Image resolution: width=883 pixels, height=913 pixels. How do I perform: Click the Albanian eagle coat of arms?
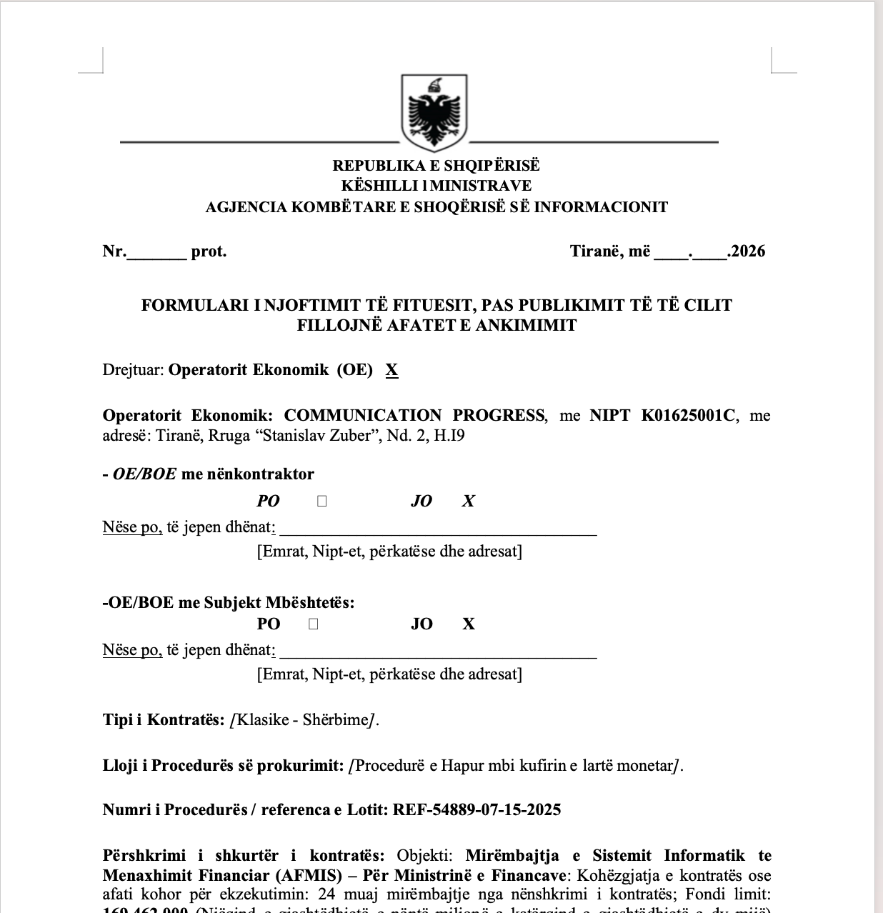click(434, 112)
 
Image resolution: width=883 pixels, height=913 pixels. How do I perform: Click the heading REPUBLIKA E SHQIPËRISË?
click(436, 166)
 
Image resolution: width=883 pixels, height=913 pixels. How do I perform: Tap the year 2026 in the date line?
click(748, 251)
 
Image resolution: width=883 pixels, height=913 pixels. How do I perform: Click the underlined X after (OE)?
click(391, 370)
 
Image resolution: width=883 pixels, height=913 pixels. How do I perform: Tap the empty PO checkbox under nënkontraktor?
click(321, 502)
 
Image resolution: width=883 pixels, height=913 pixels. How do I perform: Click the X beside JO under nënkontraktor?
click(468, 502)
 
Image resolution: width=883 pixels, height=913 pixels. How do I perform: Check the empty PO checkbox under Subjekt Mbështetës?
click(314, 624)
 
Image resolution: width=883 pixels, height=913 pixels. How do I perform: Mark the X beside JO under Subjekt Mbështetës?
click(469, 624)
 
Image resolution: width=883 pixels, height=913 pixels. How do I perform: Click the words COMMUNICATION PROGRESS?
click(414, 416)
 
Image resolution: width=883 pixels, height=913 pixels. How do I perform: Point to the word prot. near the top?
click(209, 251)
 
